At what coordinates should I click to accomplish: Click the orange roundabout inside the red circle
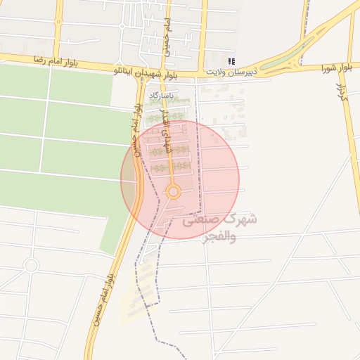[174, 191]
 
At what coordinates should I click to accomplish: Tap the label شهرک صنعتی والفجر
[219, 228]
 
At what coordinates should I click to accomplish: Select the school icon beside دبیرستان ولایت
[233, 61]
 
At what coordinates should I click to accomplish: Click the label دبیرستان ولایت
[233, 72]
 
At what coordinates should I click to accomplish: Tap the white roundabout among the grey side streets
[30, 265]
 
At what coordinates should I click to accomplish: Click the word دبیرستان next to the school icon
[247, 72]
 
